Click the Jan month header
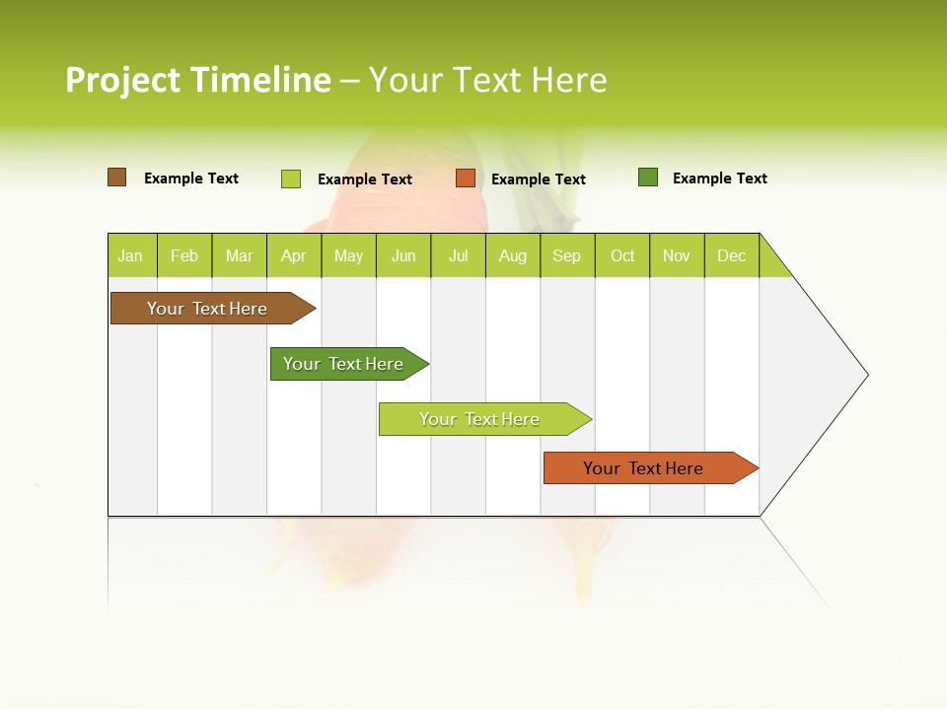[x=131, y=255]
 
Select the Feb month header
[x=184, y=255]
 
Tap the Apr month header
[x=294, y=255]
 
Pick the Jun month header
[x=403, y=255]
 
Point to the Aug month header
[x=513, y=255]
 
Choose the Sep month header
[x=567, y=255]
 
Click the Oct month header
[x=622, y=255]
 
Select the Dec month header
[x=732, y=255]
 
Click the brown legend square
[x=117, y=177]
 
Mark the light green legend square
[x=291, y=178]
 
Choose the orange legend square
[x=466, y=178]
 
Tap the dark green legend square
[x=648, y=177]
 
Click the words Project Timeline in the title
[x=198, y=80]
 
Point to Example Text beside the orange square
[x=538, y=179]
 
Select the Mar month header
[x=240, y=255]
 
